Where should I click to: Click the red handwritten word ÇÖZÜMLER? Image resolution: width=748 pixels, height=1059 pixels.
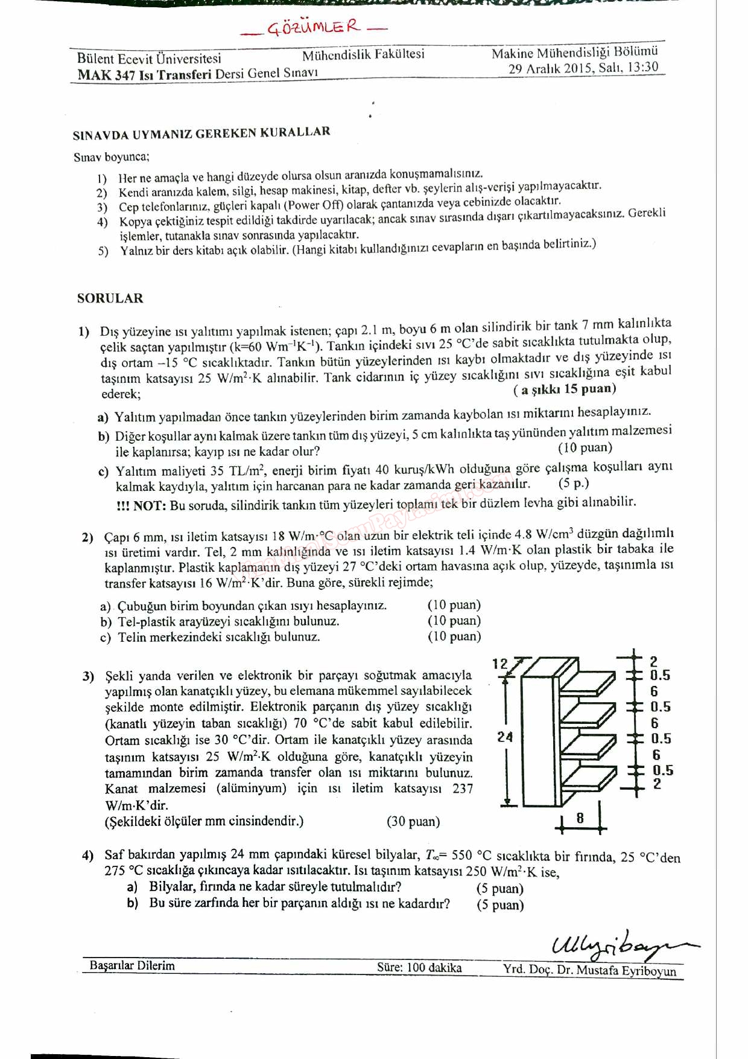313,27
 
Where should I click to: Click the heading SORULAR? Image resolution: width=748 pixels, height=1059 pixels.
110,298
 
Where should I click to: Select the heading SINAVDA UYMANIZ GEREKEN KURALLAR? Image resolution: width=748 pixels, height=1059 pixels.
201,133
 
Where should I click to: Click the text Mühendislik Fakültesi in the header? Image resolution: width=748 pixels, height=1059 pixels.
363,54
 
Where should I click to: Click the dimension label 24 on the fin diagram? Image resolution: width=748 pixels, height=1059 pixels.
505,737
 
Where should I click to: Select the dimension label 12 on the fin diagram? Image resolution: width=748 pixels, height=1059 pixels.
500,664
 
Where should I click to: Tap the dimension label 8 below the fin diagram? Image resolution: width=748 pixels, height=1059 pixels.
580,818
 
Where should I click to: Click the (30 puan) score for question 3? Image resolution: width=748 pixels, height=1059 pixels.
413,821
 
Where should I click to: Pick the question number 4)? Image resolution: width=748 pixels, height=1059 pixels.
88,856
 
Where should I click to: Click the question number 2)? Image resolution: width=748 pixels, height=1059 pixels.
87,537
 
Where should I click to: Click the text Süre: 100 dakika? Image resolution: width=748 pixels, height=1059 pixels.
419,967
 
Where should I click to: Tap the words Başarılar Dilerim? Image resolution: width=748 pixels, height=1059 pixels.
132,965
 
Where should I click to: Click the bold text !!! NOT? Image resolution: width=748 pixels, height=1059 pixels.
141,506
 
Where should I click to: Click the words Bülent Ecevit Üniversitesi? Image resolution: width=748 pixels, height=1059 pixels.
149,59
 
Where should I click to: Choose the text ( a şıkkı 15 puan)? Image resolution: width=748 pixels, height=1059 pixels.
565,389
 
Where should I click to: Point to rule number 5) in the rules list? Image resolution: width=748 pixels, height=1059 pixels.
103,251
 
